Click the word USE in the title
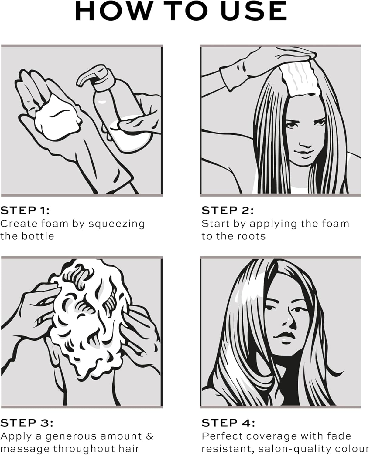pos(253,11)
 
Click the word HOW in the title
pos(115,11)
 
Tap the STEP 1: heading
pos(25,211)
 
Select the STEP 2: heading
pos(228,211)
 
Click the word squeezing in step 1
pos(117,224)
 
